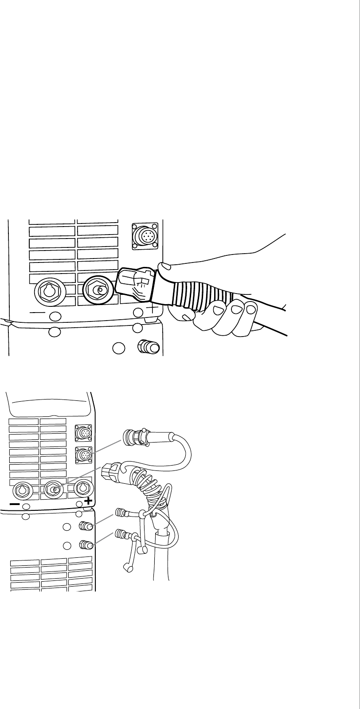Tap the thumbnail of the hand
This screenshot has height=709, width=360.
(164, 266)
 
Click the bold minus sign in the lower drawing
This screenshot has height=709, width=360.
(15, 504)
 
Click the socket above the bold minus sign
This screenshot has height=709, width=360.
(21, 490)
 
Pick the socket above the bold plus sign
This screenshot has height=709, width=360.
(82, 488)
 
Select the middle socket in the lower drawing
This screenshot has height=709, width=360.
(52, 490)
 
